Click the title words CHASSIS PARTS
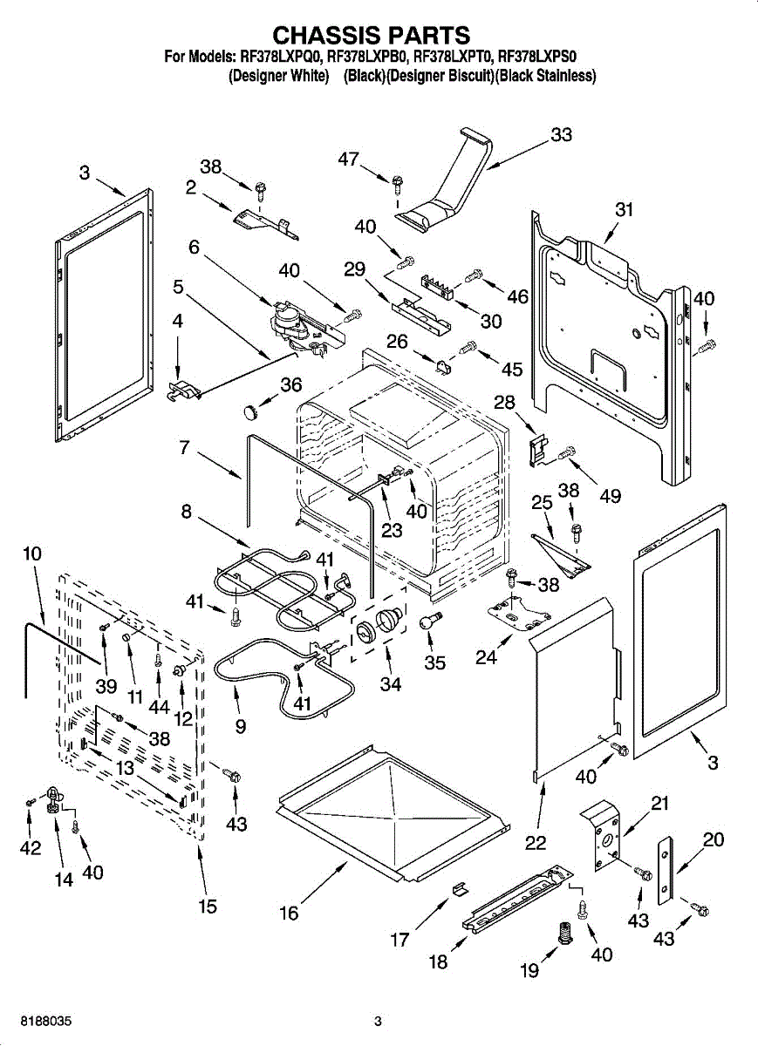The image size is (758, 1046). (372, 35)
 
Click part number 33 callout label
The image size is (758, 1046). (562, 135)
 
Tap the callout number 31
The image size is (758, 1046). (624, 210)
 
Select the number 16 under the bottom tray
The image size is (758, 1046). (289, 913)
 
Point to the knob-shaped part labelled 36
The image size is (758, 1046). (253, 407)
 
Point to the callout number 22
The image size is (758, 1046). (536, 842)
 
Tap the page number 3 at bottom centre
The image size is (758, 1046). (378, 1021)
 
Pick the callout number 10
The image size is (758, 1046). (32, 554)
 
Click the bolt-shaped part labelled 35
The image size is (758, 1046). (427, 621)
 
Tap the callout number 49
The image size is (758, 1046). (611, 496)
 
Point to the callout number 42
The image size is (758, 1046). (31, 848)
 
